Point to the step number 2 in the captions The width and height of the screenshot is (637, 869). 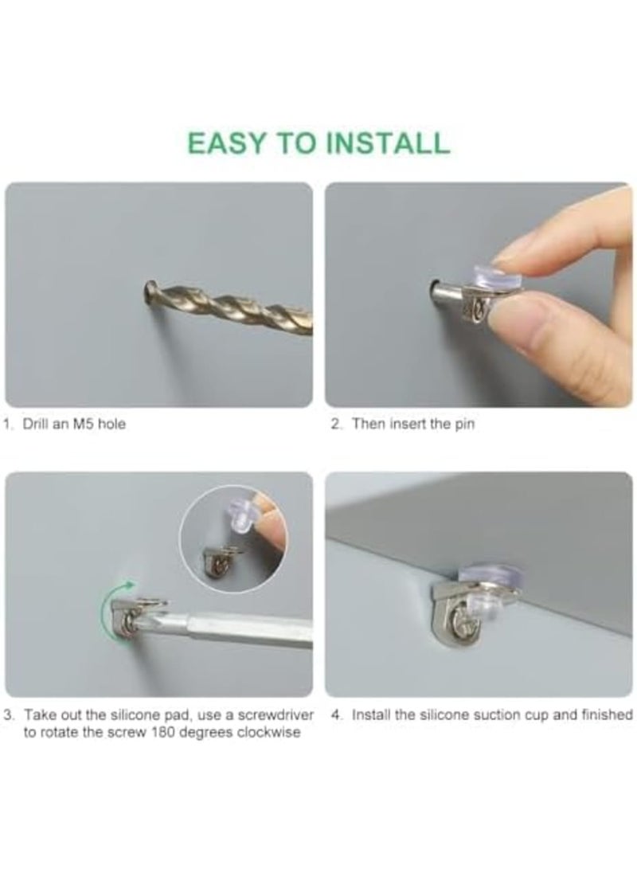334,425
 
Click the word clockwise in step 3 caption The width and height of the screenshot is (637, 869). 271,733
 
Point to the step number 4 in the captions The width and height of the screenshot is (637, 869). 335,715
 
